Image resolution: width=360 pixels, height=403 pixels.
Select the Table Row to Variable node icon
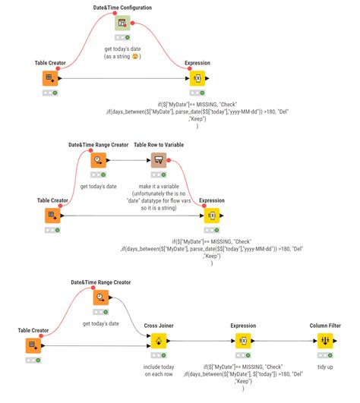coord(158,160)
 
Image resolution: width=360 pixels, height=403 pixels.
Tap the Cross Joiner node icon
coord(159,342)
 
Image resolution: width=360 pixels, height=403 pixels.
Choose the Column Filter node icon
coord(324,342)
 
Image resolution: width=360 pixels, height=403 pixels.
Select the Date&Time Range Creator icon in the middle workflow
coord(99,160)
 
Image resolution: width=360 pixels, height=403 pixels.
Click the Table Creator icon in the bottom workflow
coord(33,345)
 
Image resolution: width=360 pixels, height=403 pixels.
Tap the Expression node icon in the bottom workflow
coord(242,342)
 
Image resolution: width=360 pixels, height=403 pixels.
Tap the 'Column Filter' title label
coord(324,326)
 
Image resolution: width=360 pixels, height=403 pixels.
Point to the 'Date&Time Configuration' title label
coord(122,8)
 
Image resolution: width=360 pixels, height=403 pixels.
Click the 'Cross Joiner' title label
coord(159,326)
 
